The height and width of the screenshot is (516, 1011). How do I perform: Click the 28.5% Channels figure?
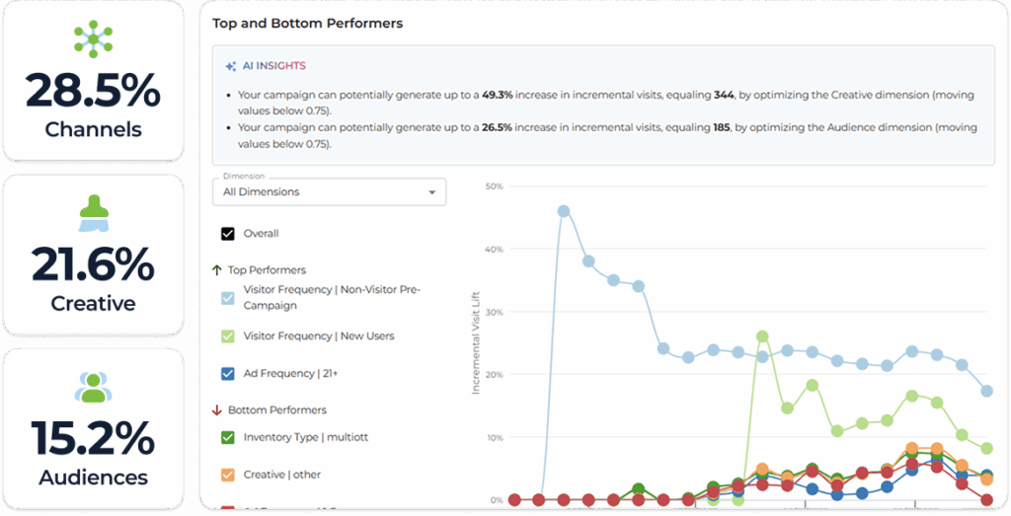tap(93, 91)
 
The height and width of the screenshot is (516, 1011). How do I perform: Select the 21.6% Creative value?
tap(93, 264)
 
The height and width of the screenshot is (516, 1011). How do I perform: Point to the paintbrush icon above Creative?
tap(93, 212)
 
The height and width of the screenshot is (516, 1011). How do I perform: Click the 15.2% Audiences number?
tap(93, 438)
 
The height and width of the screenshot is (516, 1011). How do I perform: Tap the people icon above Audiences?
tap(93, 387)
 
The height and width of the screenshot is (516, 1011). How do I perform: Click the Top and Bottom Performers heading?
tap(307, 23)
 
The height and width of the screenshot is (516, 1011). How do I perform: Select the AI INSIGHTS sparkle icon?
tap(231, 66)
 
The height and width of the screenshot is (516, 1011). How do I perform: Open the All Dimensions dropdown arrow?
tap(431, 192)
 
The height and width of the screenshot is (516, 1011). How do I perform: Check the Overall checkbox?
tap(228, 234)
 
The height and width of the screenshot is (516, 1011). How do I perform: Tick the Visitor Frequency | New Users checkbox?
tap(228, 336)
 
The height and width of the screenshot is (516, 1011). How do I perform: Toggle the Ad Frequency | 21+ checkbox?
tap(228, 374)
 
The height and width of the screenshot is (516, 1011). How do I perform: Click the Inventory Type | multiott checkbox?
tap(228, 437)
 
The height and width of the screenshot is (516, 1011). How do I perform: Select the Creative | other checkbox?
tap(228, 475)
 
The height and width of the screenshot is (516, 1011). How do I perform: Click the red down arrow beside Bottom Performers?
tap(217, 409)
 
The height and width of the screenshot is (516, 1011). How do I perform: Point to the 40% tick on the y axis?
tap(494, 249)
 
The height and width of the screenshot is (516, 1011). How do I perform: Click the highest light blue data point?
tap(564, 210)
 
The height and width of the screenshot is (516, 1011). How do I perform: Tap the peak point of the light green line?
tap(762, 336)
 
